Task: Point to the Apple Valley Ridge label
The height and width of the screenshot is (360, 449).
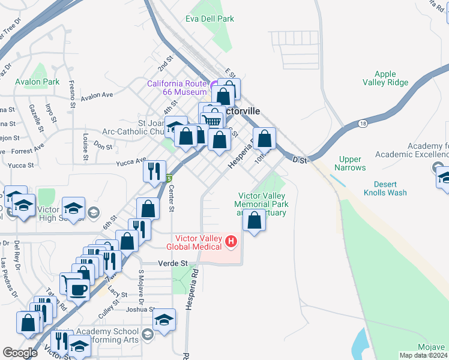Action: (x=385, y=79)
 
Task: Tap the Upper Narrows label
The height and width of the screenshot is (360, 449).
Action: (x=350, y=163)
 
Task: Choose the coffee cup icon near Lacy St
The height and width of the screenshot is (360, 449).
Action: (x=77, y=290)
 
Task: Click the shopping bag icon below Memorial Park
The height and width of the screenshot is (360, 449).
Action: (x=255, y=220)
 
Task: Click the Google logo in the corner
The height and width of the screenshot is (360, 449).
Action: (x=20, y=353)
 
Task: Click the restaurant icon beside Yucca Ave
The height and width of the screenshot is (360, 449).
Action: (x=154, y=171)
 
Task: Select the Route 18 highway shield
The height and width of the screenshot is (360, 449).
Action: (x=362, y=123)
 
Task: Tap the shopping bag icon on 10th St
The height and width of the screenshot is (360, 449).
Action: (x=264, y=139)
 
